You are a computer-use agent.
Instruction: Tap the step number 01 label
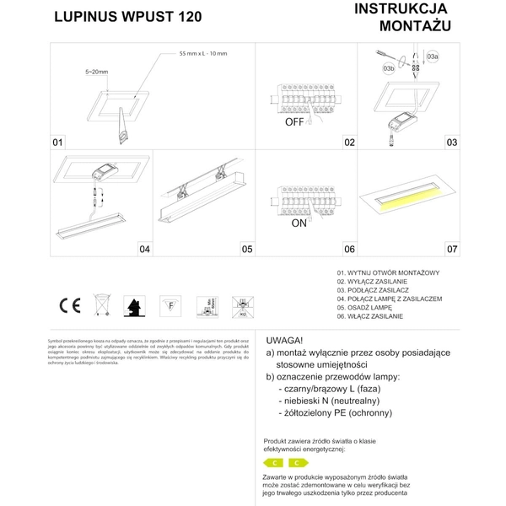tap(59, 143)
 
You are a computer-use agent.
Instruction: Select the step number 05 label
tap(247, 249)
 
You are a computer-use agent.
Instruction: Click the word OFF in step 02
tap(293, 122)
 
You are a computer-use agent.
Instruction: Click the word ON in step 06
tap(298, 224)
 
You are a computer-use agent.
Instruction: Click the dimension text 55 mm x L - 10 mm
tap(202, 54)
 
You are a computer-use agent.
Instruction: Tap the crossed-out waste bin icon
tap(101, 304)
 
